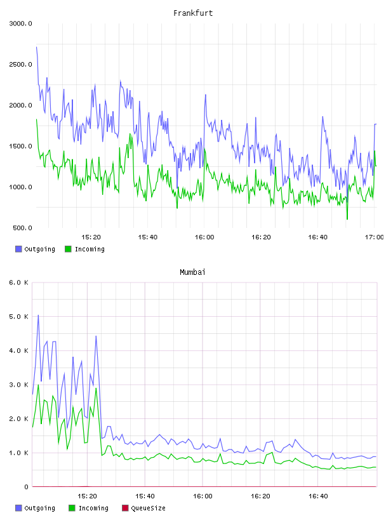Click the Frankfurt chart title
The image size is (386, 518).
pyautogui.click(x=193, y=13)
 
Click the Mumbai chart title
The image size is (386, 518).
pyautogui.click(x=192, y=272)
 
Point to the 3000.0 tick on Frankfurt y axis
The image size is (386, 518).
pyautogui.click(x=20, y=23)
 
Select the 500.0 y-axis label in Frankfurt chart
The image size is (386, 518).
pyautogui.click(x=22, y=228)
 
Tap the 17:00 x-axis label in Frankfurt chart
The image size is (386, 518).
pyautogui.click(x=374, y=237)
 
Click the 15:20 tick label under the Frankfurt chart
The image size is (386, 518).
pyautogui.click(x=91, y=237)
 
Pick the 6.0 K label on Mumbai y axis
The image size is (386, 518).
pyautogui.click(x=18, y=282)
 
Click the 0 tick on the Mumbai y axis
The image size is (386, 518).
pyautogui.click(x=27, y=487)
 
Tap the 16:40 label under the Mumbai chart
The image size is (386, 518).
pyautogui.click(x=318, y=496)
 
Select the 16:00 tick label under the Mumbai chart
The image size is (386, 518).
pyautogui.click(x=203, y=496)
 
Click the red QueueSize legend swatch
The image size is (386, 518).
pyautogui.click(x=125, y=508)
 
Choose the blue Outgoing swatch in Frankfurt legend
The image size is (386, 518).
pyautogui.click(x=18, y=249)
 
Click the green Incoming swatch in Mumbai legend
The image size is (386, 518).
pyautogui.click(x=72, y=508)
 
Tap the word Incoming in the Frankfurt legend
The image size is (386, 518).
pyautogui.click(x=90, y=249)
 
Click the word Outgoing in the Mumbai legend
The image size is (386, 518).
pyautogui.click(x=39, y=508)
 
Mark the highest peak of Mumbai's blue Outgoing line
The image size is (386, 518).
pyautogui.click(x=38, y=315)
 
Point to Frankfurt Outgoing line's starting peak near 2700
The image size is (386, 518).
pyautogui.click(x=37, y=47)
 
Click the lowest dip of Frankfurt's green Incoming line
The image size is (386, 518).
pyautogui.click(x=347, y=219)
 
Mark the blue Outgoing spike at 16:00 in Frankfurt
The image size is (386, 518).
pyautogui.click(x=206, y=95)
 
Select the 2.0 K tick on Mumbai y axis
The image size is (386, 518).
pyautogui.click(x=18, y=419)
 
